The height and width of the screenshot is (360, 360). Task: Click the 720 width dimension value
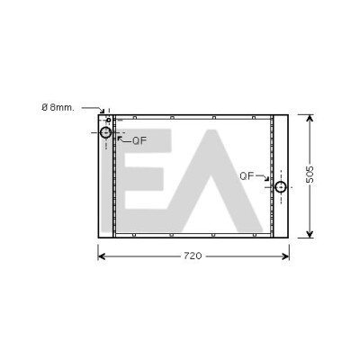193,256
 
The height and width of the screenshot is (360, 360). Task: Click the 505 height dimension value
310,175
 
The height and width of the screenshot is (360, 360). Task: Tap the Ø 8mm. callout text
58,107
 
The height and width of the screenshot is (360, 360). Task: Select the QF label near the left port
139,140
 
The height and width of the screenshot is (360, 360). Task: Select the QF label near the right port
247,176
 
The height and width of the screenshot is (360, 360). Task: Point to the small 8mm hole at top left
109,120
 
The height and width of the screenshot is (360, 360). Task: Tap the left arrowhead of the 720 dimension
102,256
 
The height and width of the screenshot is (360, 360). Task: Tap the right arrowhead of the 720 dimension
285,256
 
